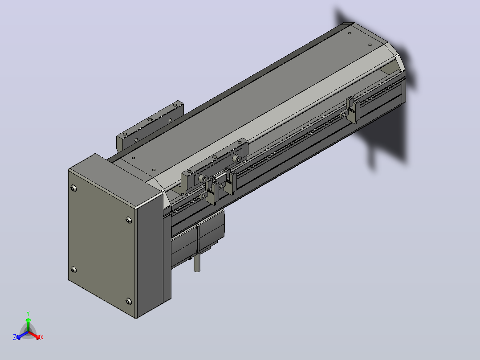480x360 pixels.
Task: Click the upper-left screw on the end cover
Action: click(x=73, y=188)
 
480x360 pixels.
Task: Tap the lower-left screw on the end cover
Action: click(x=73, y=270)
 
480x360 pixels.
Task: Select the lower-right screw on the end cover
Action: click(x=129, y=301)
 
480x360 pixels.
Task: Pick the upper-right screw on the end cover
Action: click(x=129, y=220)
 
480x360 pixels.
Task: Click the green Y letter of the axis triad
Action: click(x=28, y=313)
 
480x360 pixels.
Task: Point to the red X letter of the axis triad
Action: click(x=42, y=337)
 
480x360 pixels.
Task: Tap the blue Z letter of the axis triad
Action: click(x=15, y=337)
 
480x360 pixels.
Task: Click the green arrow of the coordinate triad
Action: click(x=28, y=324)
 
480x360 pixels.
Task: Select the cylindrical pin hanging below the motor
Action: click(x=197, y=263)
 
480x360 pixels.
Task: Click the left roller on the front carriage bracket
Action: click(x=202, y=178)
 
